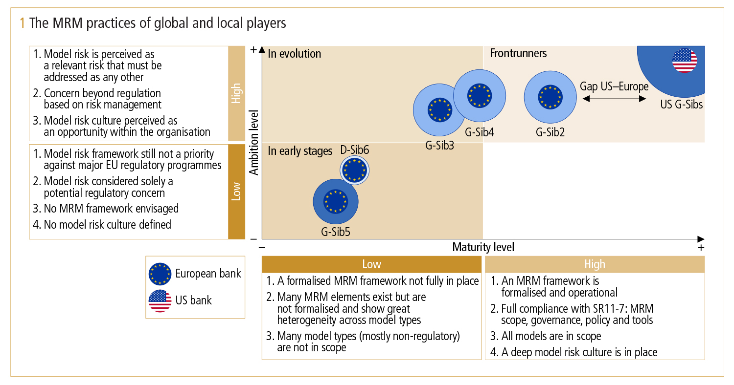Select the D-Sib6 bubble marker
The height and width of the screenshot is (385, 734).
354,170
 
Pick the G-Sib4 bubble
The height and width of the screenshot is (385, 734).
479,95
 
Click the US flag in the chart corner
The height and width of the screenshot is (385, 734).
685,61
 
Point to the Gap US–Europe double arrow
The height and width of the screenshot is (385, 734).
614,99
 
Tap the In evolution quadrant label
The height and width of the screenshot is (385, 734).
295,54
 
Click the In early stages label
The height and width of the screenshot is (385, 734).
300,151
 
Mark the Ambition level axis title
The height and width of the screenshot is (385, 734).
254,142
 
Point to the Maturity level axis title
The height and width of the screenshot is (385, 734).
483,247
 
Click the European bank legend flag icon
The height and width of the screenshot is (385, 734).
160,274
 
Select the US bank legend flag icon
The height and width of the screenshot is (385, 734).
160,300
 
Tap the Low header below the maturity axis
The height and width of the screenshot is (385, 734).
371,264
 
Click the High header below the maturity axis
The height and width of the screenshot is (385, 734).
595,264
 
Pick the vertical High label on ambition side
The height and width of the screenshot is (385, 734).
236,93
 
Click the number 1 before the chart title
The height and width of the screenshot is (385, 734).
22,23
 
